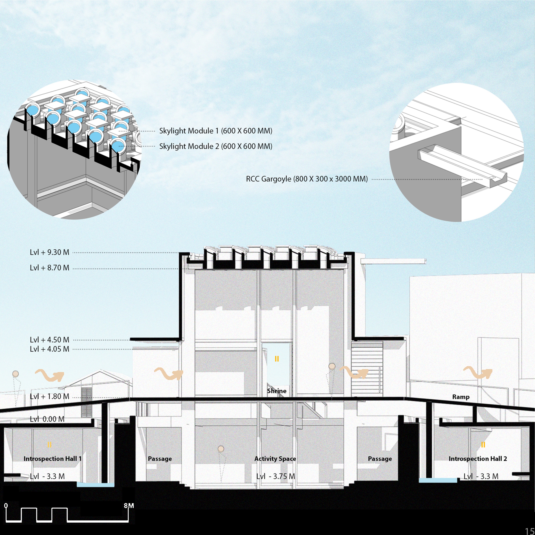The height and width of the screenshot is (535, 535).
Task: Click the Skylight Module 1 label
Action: (215, 131)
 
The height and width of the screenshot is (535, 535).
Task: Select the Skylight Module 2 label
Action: (215, 146)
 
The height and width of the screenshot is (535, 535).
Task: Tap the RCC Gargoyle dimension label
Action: (307, 179)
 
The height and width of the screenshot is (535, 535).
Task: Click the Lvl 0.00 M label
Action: (47, 419)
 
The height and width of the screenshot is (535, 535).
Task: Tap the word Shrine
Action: (277, 391)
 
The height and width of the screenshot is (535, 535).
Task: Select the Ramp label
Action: (461, 397)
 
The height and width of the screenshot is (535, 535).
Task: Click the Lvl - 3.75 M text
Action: (276, 476)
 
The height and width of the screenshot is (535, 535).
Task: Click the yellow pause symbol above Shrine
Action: (277, 359)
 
